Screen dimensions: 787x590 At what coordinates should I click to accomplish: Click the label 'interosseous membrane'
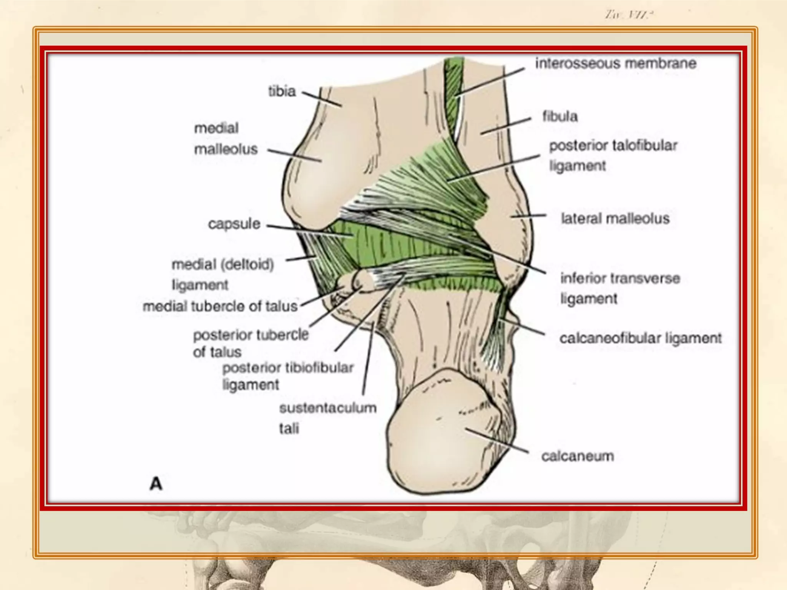click(x=616, y=63)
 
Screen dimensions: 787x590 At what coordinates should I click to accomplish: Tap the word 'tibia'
click(x=282, y=91)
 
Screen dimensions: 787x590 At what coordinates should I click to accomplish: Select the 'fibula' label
click(x=560, y=116)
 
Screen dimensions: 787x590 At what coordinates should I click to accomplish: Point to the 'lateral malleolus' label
click(x=615, y=219)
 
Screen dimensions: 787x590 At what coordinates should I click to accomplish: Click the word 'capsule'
click(x=234, y=224)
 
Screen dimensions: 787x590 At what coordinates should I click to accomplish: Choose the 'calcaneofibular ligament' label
click(x=640, y=338)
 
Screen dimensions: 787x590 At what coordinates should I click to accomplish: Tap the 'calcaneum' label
click(x=578, y=456)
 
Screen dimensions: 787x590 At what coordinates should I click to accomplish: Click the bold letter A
click(x=156, y=484)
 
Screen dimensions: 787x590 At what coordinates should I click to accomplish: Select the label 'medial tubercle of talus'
click(x=220, y=307)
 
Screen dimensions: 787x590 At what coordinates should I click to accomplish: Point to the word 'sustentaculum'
click(x=328, y=408)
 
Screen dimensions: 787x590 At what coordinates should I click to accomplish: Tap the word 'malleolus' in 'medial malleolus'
click(x=226, y=149)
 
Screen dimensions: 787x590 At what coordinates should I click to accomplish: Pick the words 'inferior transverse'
click(x=620, y=278)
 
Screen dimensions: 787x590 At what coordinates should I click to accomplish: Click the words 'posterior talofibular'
click(x=613, y=146)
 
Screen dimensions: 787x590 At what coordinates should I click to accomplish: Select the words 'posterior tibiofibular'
click(x=288, y=368)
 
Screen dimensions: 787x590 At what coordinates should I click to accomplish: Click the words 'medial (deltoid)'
click(x=222, y=264)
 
